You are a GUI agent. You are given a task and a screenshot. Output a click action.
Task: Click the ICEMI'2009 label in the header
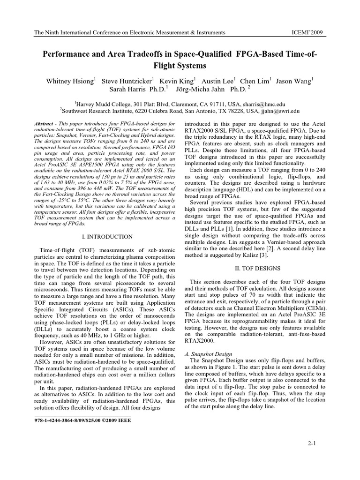308,32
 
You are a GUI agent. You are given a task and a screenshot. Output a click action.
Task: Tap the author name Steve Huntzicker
128,81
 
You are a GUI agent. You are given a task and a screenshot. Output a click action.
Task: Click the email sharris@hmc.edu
266,104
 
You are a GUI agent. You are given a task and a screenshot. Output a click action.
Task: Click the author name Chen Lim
254,81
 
